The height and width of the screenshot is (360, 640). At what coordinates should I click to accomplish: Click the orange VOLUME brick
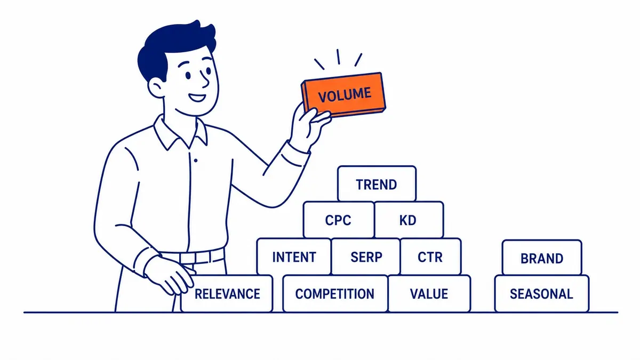343,95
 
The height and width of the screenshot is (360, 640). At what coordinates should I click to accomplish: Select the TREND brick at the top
377,183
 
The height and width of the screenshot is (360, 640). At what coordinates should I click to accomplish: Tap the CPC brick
339,220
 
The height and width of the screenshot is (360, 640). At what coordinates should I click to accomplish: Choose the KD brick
409,220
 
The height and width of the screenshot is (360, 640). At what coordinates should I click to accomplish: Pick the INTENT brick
294,257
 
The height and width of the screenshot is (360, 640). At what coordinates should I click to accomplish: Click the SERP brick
366,257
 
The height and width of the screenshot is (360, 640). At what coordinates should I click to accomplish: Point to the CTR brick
430,257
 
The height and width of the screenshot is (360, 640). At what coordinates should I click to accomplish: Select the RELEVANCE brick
227,293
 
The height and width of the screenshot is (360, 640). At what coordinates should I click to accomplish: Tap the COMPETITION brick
335,293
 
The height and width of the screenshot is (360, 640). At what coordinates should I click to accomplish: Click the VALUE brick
429,293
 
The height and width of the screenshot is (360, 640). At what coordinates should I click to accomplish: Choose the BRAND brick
542,258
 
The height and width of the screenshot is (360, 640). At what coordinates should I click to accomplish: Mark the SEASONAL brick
542,293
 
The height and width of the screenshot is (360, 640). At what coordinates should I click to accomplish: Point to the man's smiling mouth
197,98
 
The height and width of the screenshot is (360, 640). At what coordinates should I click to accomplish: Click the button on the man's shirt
196,161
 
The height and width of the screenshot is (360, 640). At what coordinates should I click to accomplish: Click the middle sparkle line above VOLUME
338,57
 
